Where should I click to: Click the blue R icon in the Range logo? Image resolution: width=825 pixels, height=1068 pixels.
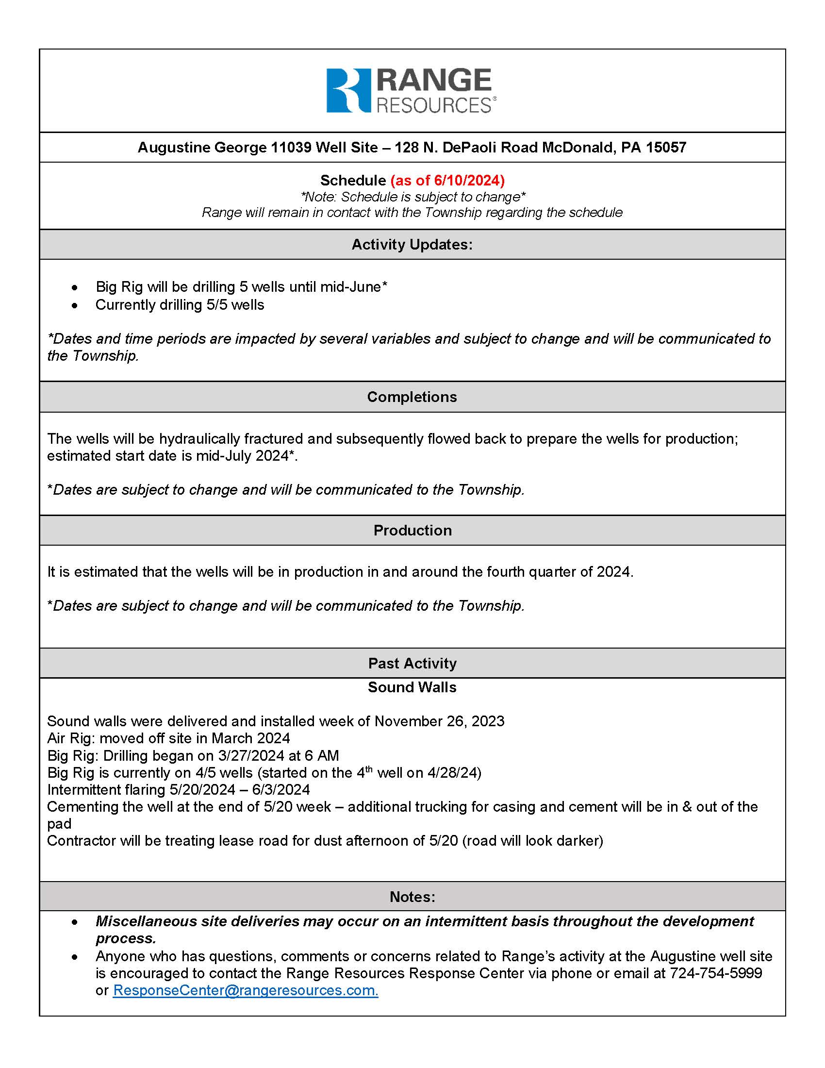pos(348,90)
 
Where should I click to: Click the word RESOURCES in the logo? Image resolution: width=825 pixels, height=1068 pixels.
pos(433,106)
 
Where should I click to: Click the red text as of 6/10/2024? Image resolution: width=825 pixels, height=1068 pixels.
pos(447,181)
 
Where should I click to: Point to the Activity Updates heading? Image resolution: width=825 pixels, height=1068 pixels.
pos(412,245)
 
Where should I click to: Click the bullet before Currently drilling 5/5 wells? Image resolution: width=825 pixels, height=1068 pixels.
pos(74,306)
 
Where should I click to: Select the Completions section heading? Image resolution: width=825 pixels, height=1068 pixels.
pos(412,397)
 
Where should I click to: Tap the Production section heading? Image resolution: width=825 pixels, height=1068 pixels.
pos(412,531)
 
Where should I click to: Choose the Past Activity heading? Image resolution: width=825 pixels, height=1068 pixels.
pos(412,664)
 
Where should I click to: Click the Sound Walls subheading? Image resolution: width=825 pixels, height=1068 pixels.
pos(412,687)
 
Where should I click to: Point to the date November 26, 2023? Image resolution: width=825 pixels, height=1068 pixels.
pos(439,721)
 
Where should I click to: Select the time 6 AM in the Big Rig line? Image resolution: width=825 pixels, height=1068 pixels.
pos(321,756)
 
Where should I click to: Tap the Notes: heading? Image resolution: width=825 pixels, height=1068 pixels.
pos(412,897)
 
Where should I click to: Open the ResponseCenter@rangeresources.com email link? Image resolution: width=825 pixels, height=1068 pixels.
pos(246,990)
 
